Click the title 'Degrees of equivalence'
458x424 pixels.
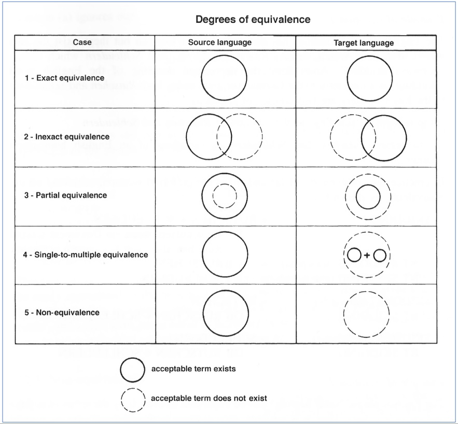click(x=253, y=19)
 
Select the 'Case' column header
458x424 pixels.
click(x=82, y=43)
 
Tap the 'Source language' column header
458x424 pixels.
click(x=219, y=43)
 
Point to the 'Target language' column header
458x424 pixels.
click(x=364, y=43)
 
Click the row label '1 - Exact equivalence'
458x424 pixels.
click(x=64, y=78)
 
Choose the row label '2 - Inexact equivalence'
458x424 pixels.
click(x=66, y=136)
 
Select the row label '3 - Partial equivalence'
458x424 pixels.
click(x=65, y=195)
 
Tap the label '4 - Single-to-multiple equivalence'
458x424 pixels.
click(x=85, y=255)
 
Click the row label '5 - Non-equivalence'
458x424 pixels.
click(x=62, y=313)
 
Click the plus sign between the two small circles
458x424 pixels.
click(x=367, y=256)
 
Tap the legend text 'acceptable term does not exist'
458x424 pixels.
click(x=209, y=398)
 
